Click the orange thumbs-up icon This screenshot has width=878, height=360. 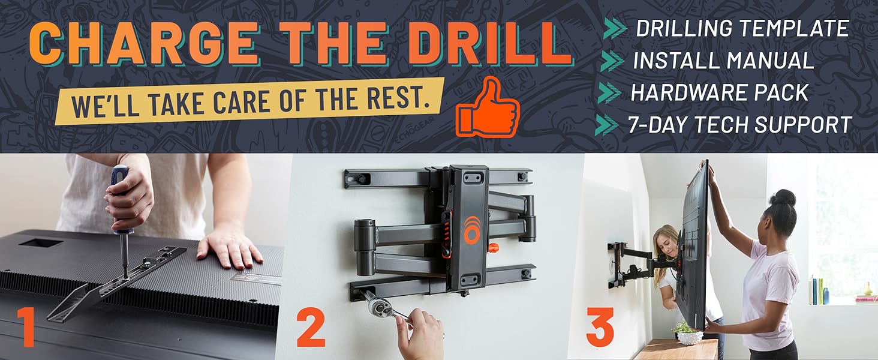(488, 107)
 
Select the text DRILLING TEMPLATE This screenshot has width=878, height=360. (742, 28)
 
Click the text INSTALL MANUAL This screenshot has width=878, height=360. (723, 61)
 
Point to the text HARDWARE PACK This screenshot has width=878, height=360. (720, 92)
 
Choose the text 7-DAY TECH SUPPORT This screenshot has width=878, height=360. (740, 125)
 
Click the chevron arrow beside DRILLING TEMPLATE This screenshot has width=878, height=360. (615, 28)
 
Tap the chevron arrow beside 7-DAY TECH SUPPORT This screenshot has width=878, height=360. (607, 125)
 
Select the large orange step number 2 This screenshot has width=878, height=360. (311, 327)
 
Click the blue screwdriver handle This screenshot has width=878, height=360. (119, 181)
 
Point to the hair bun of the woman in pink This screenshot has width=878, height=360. (783, 198)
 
